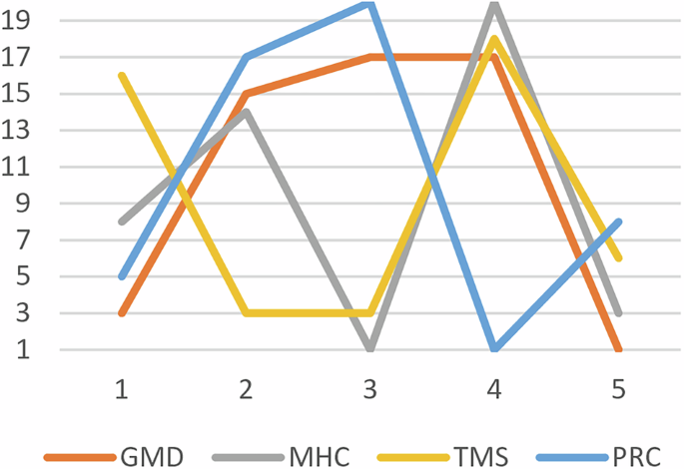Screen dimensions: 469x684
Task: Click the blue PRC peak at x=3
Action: click(370, 4)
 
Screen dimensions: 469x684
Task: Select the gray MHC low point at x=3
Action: click(370, 349)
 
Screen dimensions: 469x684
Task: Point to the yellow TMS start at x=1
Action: click(122, 76)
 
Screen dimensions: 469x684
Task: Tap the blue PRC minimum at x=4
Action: click(494, 349)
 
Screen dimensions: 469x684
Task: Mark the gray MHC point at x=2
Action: click(246, 112)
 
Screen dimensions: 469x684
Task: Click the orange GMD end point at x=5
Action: click(618, 349)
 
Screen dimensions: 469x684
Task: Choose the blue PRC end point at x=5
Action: click(618, 222)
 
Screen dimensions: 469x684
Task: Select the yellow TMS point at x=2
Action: click(246, 313)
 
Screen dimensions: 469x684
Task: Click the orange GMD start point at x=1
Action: click(122, 313)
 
